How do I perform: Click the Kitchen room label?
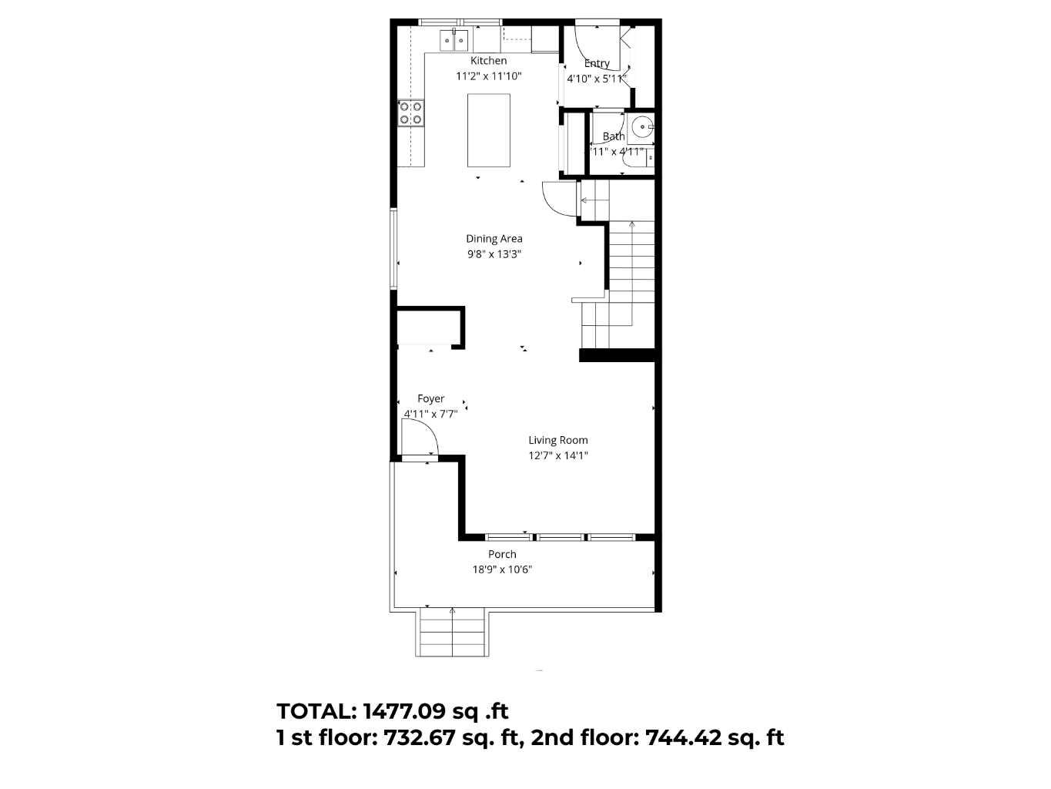click(x=488, y=61)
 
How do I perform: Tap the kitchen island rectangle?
click(x=489, y=130)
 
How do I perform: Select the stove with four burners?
click(x=410, y=113)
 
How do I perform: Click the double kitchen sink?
click(x=454, y=39)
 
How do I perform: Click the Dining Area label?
click(x=494, y=239)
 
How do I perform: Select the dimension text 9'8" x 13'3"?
click(x=494, y=254)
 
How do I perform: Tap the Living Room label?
click(x=557, y=441)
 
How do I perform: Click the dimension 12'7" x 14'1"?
click(x=557, y=455)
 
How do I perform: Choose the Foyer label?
click(x=430, y=399)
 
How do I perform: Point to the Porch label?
click(x=502, y=555)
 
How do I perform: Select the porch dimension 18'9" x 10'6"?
click(x=502, y=570)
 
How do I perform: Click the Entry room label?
click(x=597, y=64)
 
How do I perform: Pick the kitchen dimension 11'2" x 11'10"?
click(x=488, y=76)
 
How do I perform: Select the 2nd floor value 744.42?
click(x=683, y=738)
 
